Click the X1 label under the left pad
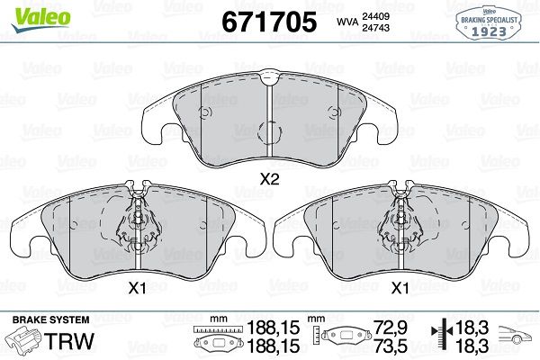[x=137, y=289]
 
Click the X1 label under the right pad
[x=399, y=289]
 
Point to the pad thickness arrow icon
[x=440, y=337]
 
